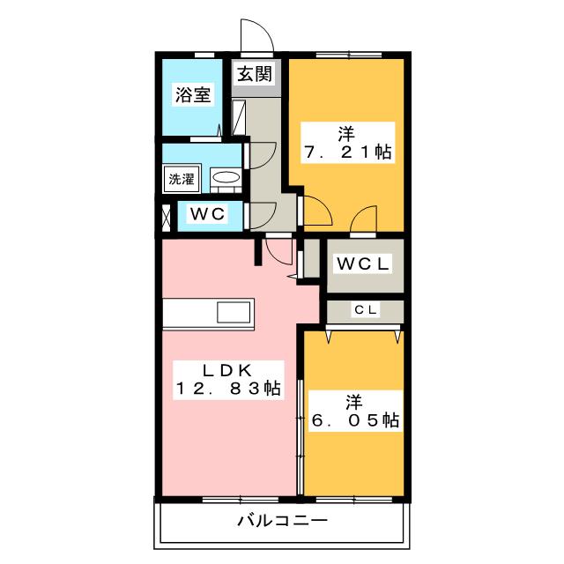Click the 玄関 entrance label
255,75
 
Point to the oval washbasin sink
225,178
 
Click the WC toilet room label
208,213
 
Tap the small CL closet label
366,309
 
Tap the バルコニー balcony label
282,521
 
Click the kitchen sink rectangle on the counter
234,313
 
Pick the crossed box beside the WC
167,217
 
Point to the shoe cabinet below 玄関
238,115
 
